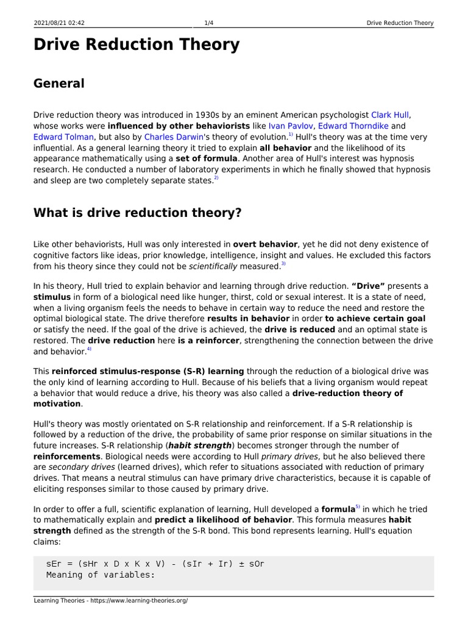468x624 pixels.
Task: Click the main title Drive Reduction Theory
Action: click(x=136, y=45)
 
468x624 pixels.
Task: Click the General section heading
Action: click(x=59, y=83)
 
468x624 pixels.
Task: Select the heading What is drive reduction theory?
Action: click(x=138, y=213)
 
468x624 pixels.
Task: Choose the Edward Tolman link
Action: click(x=63, y=137)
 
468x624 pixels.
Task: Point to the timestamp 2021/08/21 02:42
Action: click(x=60, y=23)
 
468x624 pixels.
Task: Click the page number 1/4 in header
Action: click(x=208, y=23)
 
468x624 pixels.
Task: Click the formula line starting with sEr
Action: click(x=155, y=564)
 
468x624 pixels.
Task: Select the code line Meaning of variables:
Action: click(x=101, y=575)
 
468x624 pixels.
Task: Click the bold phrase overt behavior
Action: click(x=265, y=244)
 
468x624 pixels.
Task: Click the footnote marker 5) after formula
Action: click(x=358, y=507)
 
